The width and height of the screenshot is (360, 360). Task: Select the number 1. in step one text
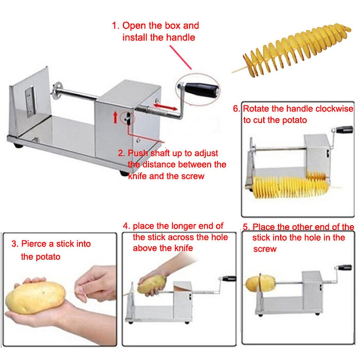(x=117, y=25)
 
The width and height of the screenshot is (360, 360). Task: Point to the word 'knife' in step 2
(x=139, y=176)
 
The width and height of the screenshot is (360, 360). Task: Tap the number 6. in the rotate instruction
(x=237, y=109)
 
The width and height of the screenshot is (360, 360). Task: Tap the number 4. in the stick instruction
(x=126, y=226)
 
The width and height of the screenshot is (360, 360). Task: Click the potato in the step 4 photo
(x=151, y=283)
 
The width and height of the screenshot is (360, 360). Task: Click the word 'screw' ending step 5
(x=264, y=249)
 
